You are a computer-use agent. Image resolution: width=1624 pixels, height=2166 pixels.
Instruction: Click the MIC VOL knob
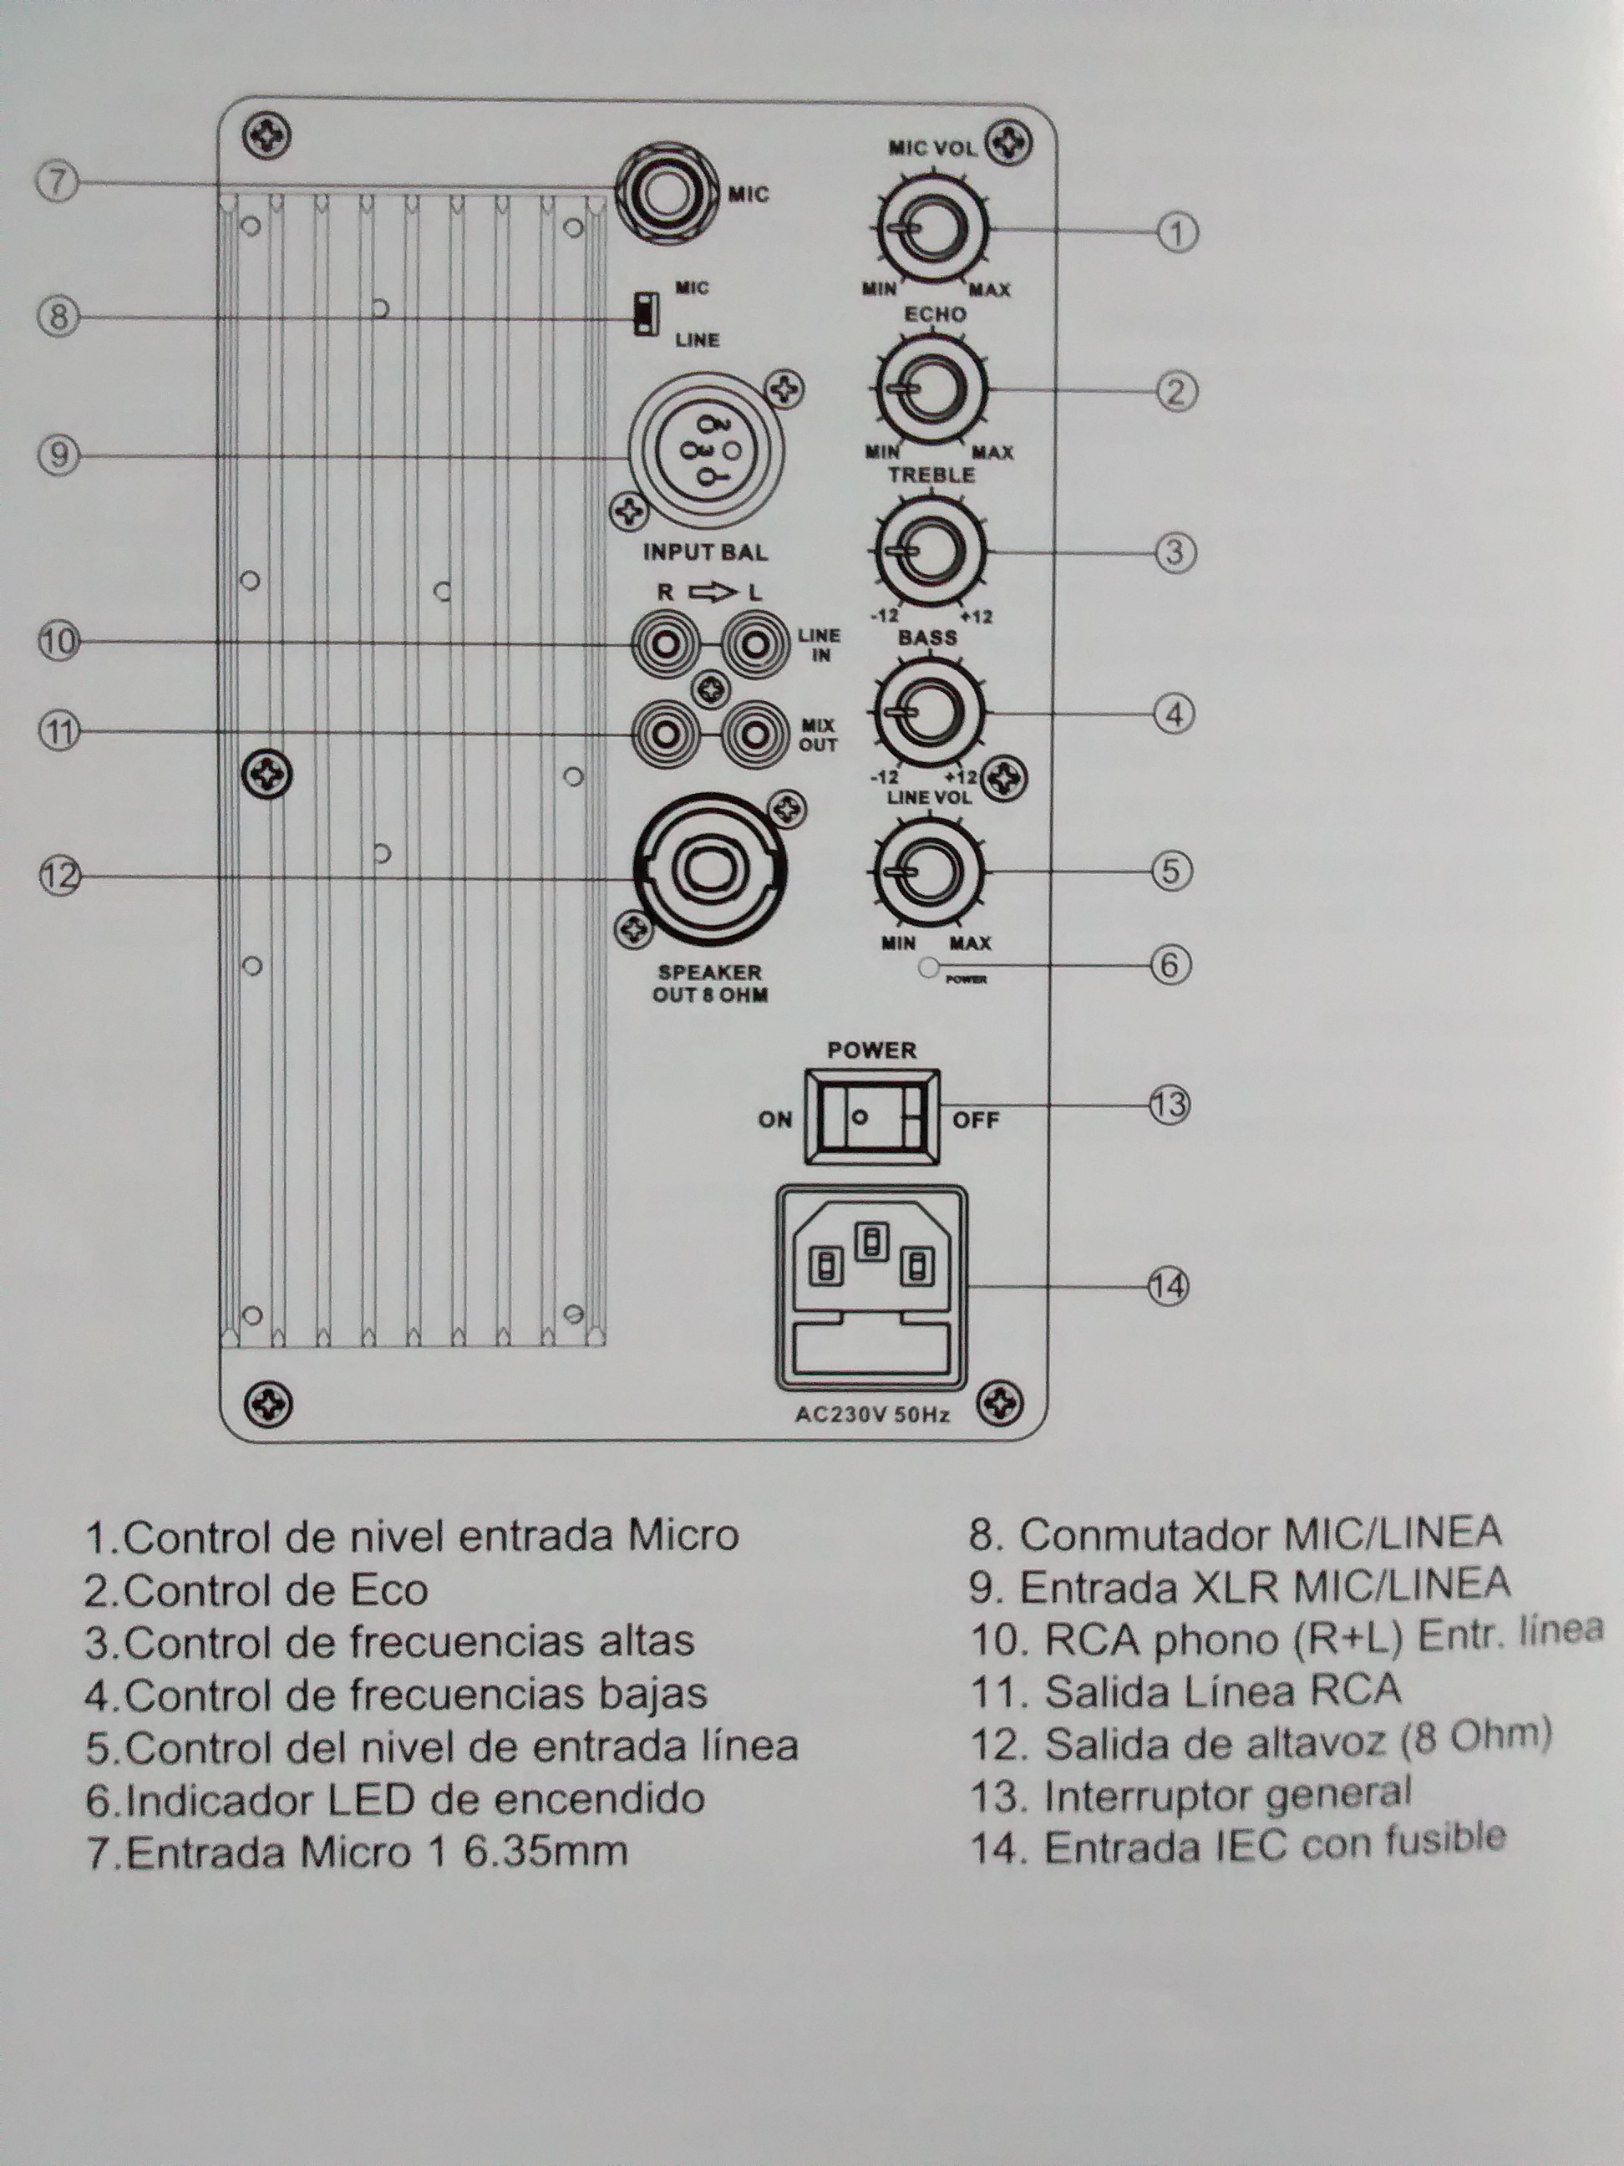(931, 229)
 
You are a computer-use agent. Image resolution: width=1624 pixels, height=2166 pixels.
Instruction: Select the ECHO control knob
(931, 389)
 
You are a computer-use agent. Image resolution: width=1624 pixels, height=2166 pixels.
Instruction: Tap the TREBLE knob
(929, 551)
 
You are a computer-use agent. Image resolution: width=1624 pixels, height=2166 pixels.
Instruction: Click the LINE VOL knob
(928, 871)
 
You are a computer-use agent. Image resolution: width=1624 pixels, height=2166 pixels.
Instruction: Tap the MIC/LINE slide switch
(643, 313)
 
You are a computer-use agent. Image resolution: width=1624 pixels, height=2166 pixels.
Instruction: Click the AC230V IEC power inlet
(871, 1288)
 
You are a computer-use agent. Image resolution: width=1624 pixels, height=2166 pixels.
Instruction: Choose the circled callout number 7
(58, 182)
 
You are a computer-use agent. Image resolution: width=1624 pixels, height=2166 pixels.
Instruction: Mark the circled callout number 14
(1168, 1286)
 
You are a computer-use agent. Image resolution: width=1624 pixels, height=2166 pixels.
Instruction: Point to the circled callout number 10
(58, 642)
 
